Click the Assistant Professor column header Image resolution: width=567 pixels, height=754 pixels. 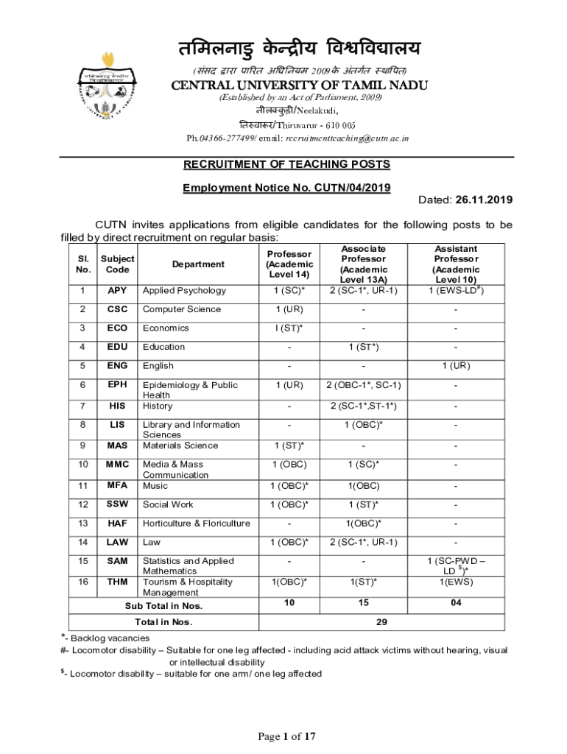[456, 264]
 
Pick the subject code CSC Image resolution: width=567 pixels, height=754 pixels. [117, 309]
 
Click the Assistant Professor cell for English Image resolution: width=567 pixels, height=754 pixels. [456, 366]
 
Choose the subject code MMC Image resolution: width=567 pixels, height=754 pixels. [117, 465]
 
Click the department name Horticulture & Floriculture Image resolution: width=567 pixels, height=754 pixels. [196, 524]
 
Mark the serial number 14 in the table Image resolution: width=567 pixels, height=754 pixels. [83, 543]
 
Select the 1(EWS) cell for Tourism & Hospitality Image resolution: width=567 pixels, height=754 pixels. [456, 582]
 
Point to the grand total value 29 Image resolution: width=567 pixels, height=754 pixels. [381, 622]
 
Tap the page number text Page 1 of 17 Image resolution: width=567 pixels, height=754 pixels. [286, 736]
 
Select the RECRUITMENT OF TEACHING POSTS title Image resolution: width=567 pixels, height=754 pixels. [286, 164]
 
